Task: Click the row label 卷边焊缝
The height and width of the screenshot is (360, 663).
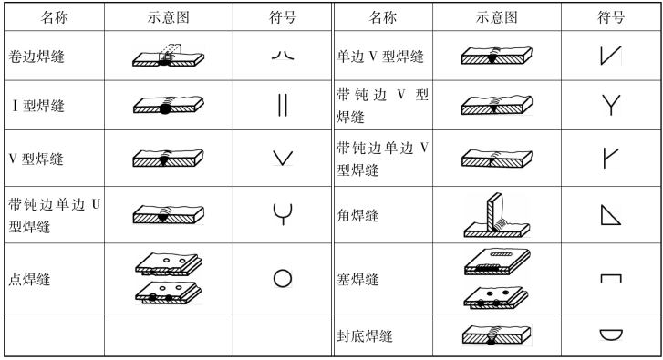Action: coord(36,57)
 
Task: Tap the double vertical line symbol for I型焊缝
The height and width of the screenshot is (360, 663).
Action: coord(283,105)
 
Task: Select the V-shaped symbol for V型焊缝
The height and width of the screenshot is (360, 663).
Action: coord(283,158)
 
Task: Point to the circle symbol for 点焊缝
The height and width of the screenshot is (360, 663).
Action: coord(283,279)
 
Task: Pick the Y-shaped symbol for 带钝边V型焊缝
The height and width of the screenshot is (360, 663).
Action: coord(611,105)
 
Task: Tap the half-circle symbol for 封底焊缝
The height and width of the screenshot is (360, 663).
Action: coord(611,334)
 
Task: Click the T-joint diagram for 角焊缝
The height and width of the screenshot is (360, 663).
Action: coord(496,215)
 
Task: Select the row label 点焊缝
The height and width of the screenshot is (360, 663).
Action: coord(29,279)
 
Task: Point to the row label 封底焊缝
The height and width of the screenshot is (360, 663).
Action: coord(365,336)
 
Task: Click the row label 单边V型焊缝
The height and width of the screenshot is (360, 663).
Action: coord(380,57)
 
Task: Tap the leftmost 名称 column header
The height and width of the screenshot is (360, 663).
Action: coord(54,17)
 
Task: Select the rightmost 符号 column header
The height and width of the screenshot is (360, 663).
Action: coord(611,17)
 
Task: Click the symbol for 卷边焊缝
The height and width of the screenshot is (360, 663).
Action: coord(283,56)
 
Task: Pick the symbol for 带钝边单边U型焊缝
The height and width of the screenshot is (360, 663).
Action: coord(283,214)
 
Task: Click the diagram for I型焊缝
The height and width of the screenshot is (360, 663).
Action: coord(169,105)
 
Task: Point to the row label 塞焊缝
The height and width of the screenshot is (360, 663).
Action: coord(357,279)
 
